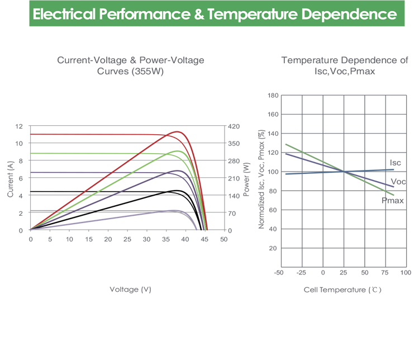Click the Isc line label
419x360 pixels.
[395, 162]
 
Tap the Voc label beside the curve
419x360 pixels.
[398, 182]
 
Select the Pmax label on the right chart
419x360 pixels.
[393, 200]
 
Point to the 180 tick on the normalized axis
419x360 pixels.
[273, 96]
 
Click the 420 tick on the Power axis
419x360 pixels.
[235, 126]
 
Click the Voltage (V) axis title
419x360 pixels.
[130, 289]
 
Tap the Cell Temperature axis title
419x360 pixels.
[342, 290]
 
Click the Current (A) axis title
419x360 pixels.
[10, 179]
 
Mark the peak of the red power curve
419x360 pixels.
[178, 132]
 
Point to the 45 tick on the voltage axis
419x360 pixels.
[204, 239]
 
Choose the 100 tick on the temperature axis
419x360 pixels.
[406, 272]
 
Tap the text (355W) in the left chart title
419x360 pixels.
[147, 71]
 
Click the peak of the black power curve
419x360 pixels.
[177, 191]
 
